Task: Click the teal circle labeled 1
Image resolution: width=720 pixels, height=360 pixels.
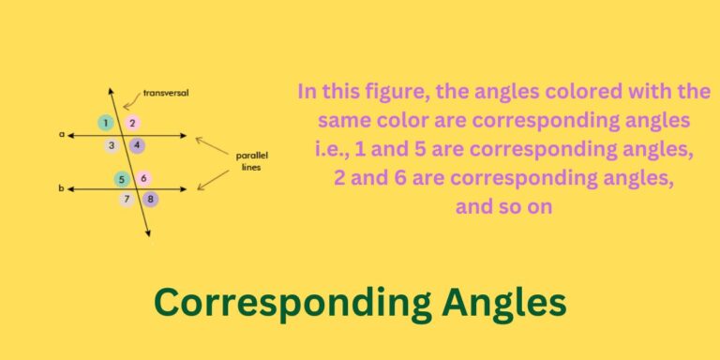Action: coord(106,123)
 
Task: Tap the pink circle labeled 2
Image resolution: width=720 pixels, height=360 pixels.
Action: coord(132,123)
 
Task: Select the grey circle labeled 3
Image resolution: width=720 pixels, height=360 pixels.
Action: coord(112,145)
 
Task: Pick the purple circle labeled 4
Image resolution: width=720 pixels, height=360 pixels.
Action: coord(137,145)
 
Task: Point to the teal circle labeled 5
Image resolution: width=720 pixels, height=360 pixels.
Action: coord(122,179)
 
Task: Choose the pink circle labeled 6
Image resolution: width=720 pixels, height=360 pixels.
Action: coord(142,179)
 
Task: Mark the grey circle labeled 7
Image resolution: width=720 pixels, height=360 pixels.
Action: coord(127,199)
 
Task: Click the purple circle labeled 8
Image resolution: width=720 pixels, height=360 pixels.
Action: coord(150,199)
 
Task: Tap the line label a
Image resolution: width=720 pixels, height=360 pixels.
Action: coord(62,134)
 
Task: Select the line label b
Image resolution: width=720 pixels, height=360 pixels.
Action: coord(61,188)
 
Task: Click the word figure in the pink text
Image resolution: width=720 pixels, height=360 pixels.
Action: coord(398,92)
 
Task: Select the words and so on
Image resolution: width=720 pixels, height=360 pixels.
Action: coord(503,207)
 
